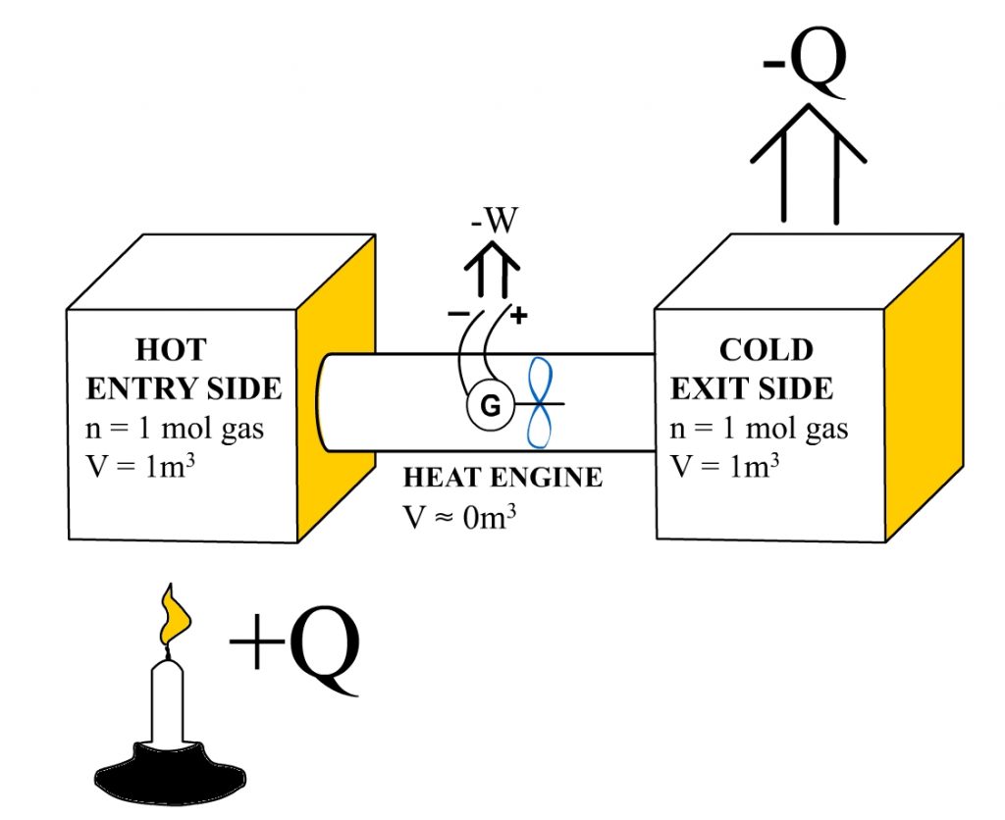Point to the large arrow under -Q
coord(809,162)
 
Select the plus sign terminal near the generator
coord(519,316)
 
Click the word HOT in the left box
coord(171,350)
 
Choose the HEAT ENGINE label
coord(502,478)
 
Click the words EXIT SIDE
coord(752,388)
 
